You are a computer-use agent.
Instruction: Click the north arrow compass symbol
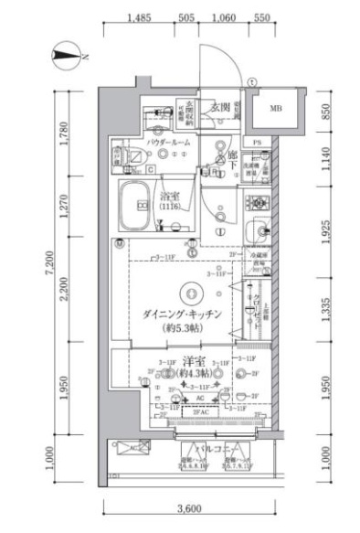67,57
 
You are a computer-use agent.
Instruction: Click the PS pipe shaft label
258,143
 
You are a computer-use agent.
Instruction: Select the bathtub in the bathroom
138,208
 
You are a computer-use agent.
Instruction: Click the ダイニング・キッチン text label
184,314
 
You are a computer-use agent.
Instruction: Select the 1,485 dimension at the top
141,17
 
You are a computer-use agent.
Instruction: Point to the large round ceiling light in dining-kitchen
189,293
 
